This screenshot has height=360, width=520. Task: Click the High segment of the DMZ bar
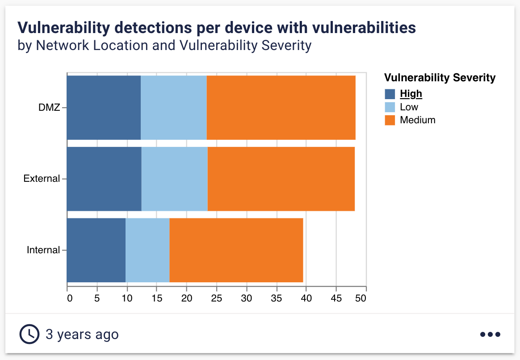point(104,108)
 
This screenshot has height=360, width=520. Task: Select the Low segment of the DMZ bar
point(174,108)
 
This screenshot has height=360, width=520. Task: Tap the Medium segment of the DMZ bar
point(281,108)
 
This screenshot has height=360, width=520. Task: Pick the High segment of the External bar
point(104,179)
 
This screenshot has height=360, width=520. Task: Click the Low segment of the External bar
point(175,179)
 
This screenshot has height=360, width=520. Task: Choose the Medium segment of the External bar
point(281,179)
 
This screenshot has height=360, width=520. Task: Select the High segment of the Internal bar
point(96,250)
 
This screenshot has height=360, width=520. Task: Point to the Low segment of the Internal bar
point(147,250)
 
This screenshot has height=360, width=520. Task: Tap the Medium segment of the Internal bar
point(236,250)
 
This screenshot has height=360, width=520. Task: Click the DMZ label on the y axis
point(49,107)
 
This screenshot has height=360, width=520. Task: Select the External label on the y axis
point(42,179)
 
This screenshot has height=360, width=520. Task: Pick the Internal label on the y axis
point(43,250)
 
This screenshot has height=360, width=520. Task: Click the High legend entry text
point(411,94)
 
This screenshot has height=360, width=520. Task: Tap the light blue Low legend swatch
point(390,107)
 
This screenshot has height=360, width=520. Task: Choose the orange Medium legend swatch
point(390,120)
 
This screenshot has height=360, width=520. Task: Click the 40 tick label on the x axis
point(306,298)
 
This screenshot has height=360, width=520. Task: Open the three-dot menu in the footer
point(490,334)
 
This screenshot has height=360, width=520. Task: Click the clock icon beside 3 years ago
point(29,334)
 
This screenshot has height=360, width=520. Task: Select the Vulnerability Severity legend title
point(440,78)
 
